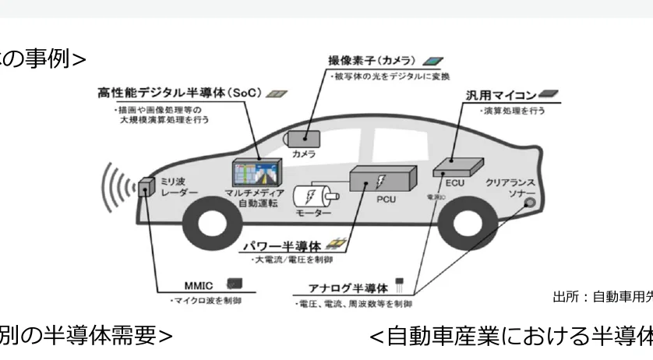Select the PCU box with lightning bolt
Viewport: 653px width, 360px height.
click(x=383, y=182)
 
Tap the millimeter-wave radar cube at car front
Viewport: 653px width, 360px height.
click(x=146, y=189)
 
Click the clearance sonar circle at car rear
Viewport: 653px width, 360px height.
click(x=529, y=203)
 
